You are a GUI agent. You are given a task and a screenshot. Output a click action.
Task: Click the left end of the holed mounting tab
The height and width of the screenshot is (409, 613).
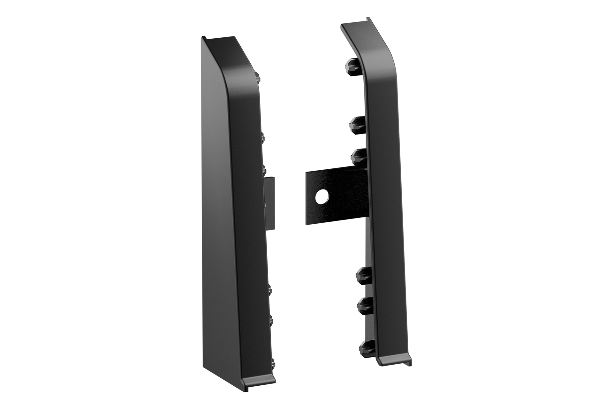pyautogui.click(x=308, y=198)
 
